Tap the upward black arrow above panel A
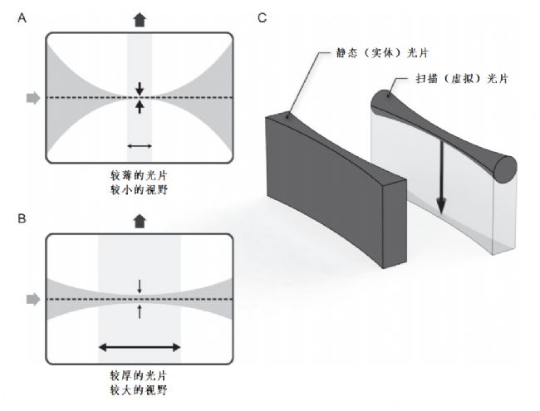click(139, 18)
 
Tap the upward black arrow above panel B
click(139, 222)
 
